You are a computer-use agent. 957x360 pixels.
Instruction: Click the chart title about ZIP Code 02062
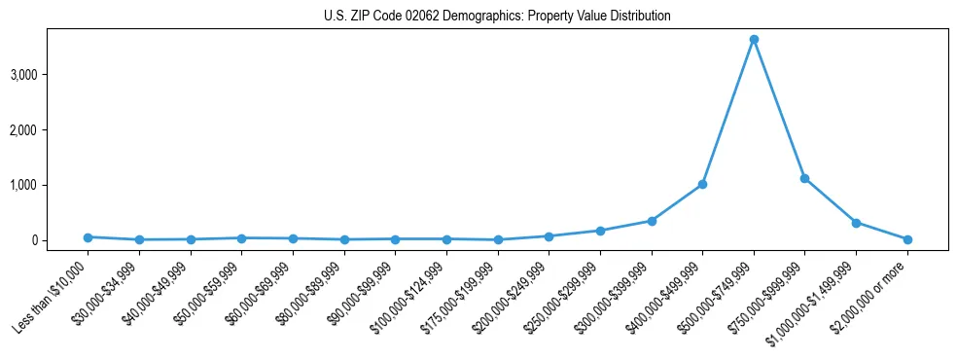click(x=497, y=17)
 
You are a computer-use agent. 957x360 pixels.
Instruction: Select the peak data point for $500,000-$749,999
click(x=754, y=40)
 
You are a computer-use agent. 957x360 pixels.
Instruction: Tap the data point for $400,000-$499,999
click(x=702, y=184)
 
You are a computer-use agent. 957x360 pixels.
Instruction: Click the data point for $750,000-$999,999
click(x=804, y=178)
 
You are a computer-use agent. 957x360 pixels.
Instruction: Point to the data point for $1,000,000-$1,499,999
click(x=856, y=223)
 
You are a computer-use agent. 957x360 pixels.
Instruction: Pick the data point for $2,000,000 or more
click(x=907, y=239)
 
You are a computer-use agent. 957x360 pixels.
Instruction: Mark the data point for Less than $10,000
click(x=89, y=237)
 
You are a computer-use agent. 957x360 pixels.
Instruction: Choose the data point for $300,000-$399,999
click(x=652, y=221)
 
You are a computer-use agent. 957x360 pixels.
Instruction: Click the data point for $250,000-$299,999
click(x=600, y=231)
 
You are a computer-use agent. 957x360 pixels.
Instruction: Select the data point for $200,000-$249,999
click(x=549, y=236)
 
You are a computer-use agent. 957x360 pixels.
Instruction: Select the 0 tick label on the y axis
click(x=59, y=240)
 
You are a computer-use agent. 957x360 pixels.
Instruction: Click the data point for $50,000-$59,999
click(x=242, y=237)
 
